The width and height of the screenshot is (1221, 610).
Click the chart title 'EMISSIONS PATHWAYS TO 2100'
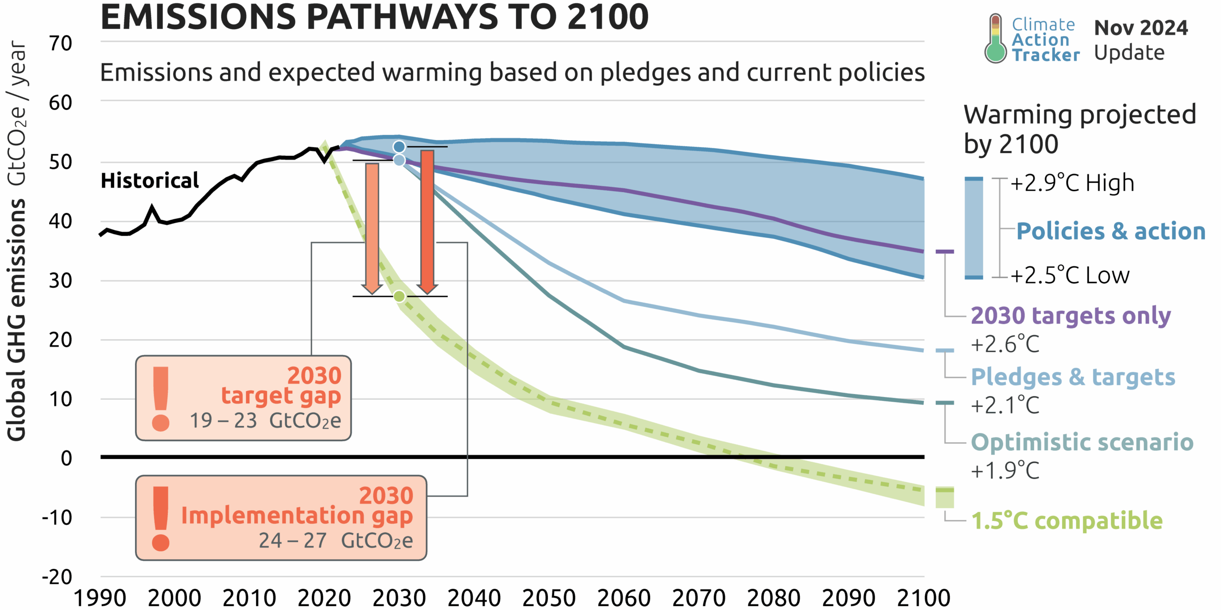[x=374, y=17]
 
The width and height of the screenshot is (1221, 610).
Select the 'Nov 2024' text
[x=1141, y=28]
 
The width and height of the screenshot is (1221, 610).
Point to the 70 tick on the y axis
[x=61, y=43]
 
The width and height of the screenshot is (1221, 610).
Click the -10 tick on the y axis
[x=57, y=518]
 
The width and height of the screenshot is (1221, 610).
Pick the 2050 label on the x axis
[x=548, y=598]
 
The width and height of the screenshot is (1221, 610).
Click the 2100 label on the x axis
[x=923, y=598]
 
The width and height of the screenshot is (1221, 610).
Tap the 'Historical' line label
[x=150, y=181]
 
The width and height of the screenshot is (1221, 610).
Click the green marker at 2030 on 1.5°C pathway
[x=400, y=296]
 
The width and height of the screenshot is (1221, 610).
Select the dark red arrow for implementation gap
[x=427, y=219]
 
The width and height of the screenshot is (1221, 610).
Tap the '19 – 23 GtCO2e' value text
[x=265, y=421]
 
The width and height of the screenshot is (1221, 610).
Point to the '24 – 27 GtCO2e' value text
[x=336, y=541]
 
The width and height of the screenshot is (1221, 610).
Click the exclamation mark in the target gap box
[x=161, y=398]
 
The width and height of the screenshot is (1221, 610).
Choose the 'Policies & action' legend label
[x=1111, y=232]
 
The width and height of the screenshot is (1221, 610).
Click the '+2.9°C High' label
[x=1072, y=183]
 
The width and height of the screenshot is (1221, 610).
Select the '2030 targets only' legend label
[x=1071, y=316]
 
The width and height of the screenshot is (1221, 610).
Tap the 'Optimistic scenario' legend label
[x=1082, y=442]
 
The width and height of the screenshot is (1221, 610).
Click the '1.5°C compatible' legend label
[x=1067, y=520]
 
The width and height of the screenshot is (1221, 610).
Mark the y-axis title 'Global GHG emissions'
[x=17, y=319]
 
